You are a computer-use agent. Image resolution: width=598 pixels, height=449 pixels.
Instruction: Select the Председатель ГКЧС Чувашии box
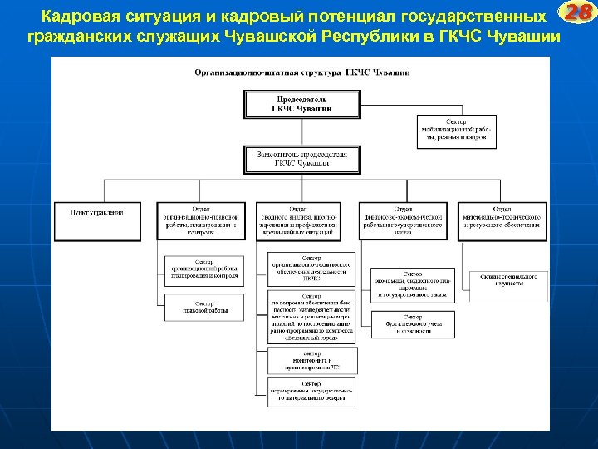[x=301, y=104]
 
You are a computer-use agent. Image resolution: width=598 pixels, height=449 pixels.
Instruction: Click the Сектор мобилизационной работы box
[x=456, y=131]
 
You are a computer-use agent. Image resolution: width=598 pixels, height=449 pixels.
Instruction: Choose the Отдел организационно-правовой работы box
[x=201, y=220]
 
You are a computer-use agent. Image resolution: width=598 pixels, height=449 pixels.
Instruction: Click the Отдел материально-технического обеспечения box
[x=503, y=220]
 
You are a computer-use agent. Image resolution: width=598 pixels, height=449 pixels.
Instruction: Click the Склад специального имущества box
[x=506, y=280]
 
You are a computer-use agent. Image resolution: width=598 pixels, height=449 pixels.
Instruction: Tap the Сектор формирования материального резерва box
[x=311, y=390]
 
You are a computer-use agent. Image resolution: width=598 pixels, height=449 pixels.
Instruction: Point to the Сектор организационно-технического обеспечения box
[x=311, y=269]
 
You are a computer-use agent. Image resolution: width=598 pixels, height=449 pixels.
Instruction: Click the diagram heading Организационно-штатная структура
[x=301, y=73]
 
